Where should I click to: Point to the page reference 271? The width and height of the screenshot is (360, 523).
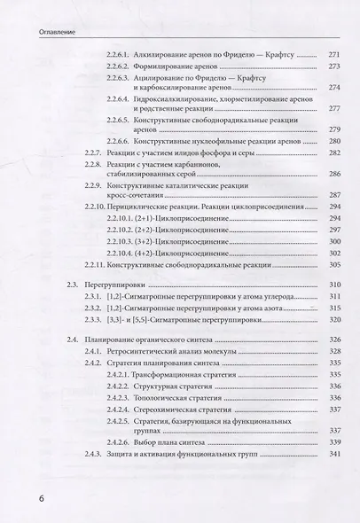click(x=333, y=55)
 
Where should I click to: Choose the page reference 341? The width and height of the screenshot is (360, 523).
click(x=333, y=455)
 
